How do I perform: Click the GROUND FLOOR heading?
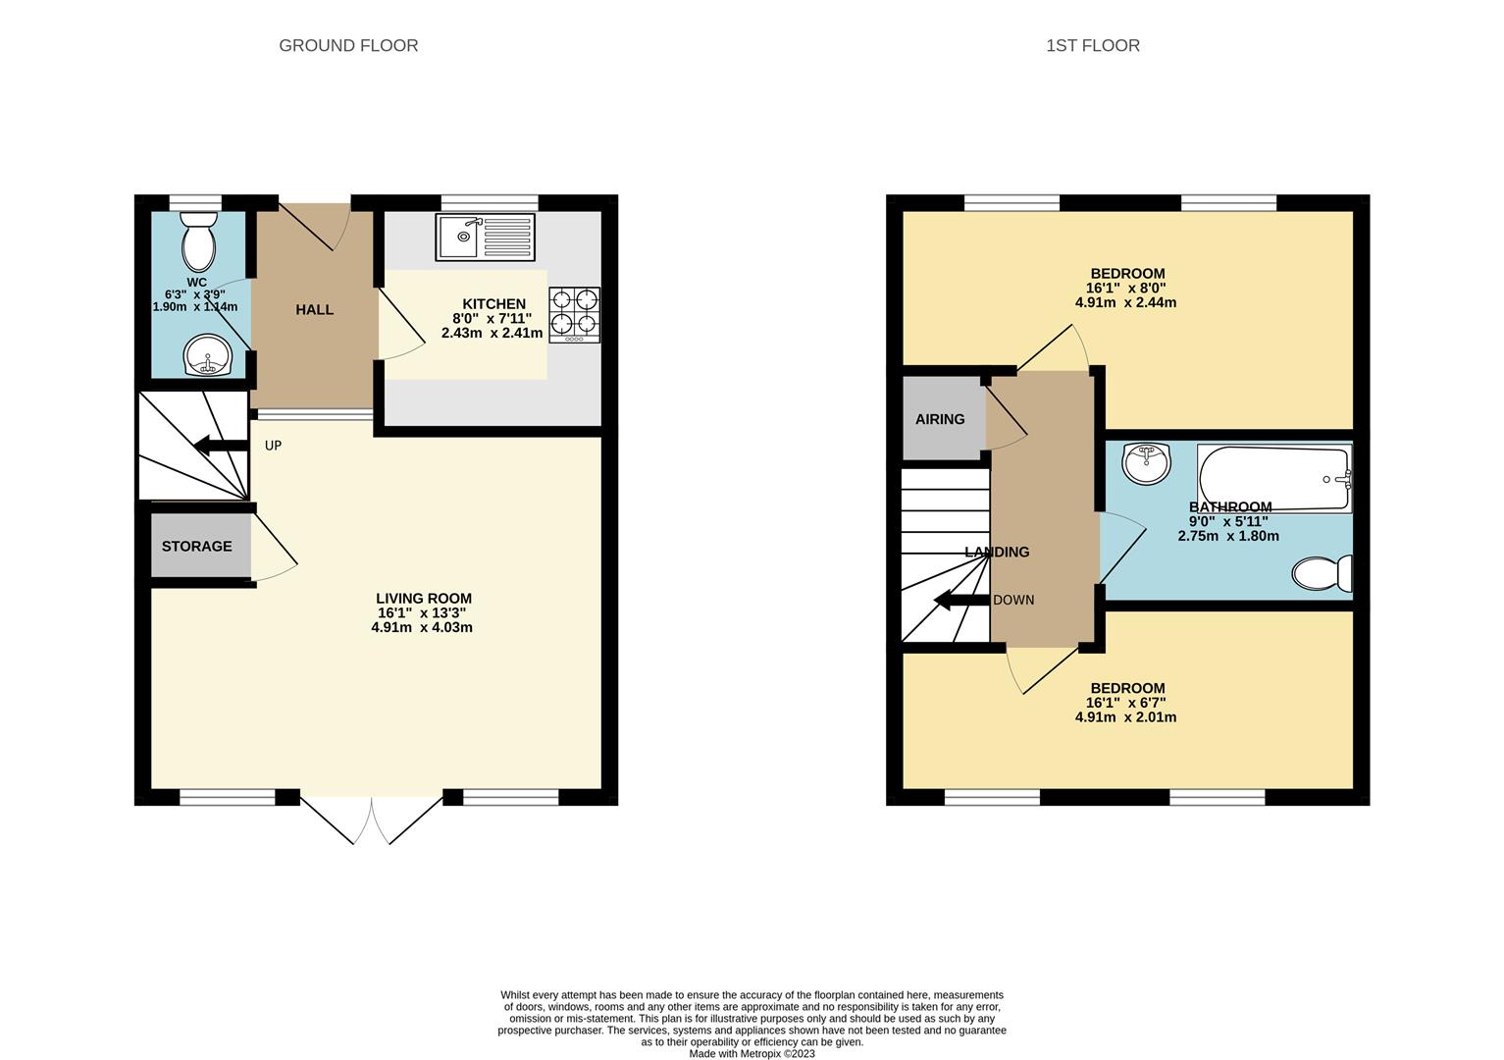pos(348,46)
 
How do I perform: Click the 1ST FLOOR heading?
pos(1092,46)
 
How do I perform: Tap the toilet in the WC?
pos(199,241)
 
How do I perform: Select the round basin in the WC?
pos(207,355)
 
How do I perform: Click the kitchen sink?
pos(486,237)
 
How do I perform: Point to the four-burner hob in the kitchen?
pos(574,315)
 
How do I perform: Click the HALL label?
pos(314,310)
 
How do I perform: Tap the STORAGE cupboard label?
pos(197,546)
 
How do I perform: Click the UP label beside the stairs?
pos(274,446)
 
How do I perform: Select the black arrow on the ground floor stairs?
pos(220,445)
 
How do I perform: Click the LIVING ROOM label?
pos(424,598)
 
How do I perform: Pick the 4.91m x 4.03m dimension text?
pos(422,627)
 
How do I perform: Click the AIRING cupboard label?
pos(940,419)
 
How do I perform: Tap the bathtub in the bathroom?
pos(1273,479)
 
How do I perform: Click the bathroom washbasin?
pos(1147,463)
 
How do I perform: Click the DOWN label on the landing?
pos(1013,600)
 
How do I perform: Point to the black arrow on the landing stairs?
pos(961,600)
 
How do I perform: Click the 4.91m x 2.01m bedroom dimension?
pos(1126,716)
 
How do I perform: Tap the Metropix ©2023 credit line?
pos(752,1054)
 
